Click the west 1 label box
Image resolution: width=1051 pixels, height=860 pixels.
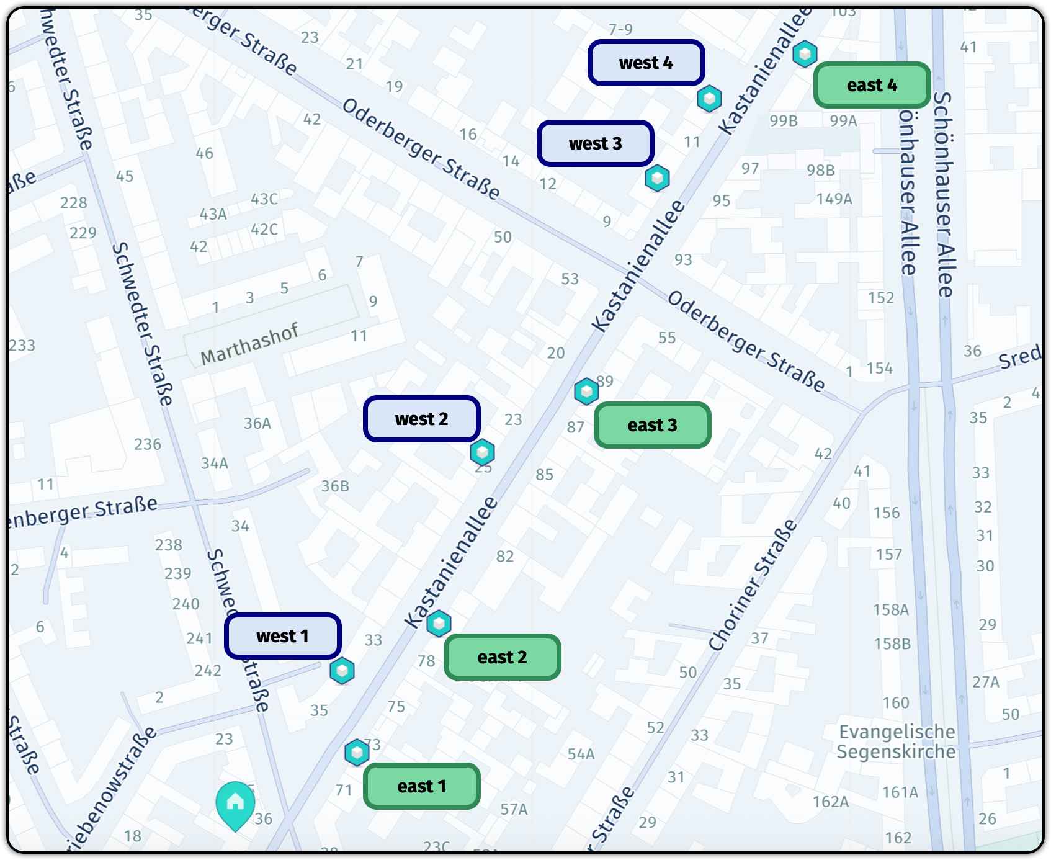(x=283, y=636)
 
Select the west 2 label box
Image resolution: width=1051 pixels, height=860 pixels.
(x=422, y=419)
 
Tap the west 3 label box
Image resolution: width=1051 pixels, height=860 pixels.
(x=596, y=143)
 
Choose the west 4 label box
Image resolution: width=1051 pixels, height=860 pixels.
(x=646, y=63)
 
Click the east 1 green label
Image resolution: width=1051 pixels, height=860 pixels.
(x=422, y=786)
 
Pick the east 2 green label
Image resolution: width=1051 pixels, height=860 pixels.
(x=503, y=657)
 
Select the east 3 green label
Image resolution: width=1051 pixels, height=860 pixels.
(x=653, y=425)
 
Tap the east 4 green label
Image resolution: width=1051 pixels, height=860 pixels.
(x=872, y=85)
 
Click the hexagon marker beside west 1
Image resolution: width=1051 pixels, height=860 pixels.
(x=342, y=671)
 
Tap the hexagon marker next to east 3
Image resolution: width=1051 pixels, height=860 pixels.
(x=586, y=392)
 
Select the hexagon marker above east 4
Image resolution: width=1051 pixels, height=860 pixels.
(x=805, y=54)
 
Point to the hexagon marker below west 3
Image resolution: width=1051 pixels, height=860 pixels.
(x=657, y=178)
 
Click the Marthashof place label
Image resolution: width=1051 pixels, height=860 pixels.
(x=249, y=344)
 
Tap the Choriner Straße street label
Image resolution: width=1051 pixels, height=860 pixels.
(x=753, y=586)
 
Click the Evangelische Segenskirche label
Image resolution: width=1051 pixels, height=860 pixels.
(x=897, y=741)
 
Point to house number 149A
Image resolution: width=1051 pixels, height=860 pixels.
(x=834, y=199)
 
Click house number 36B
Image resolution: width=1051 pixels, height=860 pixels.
(x=335, y=486)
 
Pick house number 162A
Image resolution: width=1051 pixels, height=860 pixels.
(x=831, y=802)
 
